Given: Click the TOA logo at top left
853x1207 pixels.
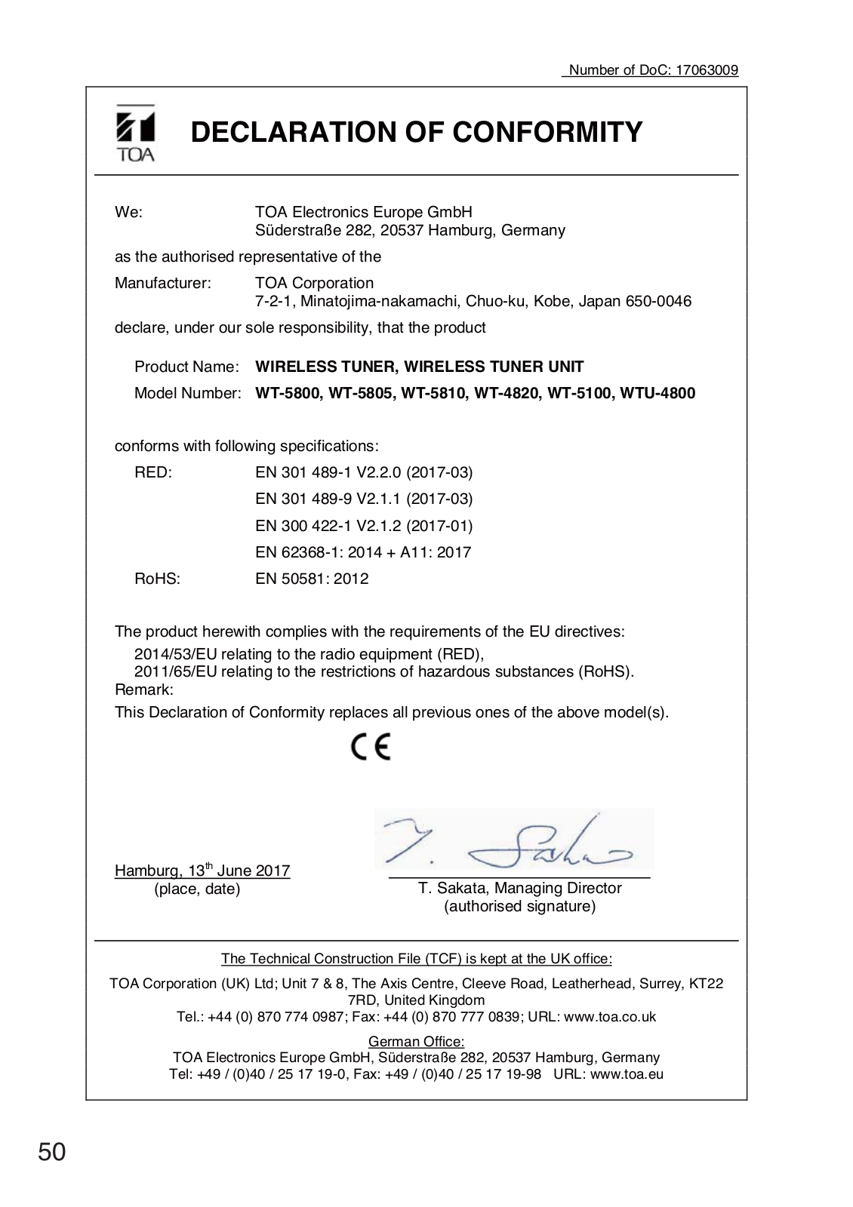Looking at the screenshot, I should click(135, 134).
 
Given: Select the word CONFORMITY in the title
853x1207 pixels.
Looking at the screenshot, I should click(547, 132).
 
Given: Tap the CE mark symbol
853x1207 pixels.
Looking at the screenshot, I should click(371, 747).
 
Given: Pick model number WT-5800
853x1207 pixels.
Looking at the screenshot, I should click(285, 393).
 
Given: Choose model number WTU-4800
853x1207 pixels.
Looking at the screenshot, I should click(658, 393).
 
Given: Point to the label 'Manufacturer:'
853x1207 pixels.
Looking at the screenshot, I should click(163, 283).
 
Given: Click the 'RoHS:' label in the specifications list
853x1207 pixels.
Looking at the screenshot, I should click(157, 579).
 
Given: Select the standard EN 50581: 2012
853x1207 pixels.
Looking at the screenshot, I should click(312, 579).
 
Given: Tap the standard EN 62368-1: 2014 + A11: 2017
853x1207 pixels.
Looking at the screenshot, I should click(363, 552).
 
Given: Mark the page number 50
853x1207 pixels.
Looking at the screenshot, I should click(52, 1152).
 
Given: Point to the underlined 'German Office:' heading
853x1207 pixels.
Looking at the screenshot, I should click(416, 1042).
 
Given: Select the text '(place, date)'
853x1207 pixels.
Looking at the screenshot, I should click(197, 889).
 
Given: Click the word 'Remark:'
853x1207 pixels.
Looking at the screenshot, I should click(144, 689).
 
